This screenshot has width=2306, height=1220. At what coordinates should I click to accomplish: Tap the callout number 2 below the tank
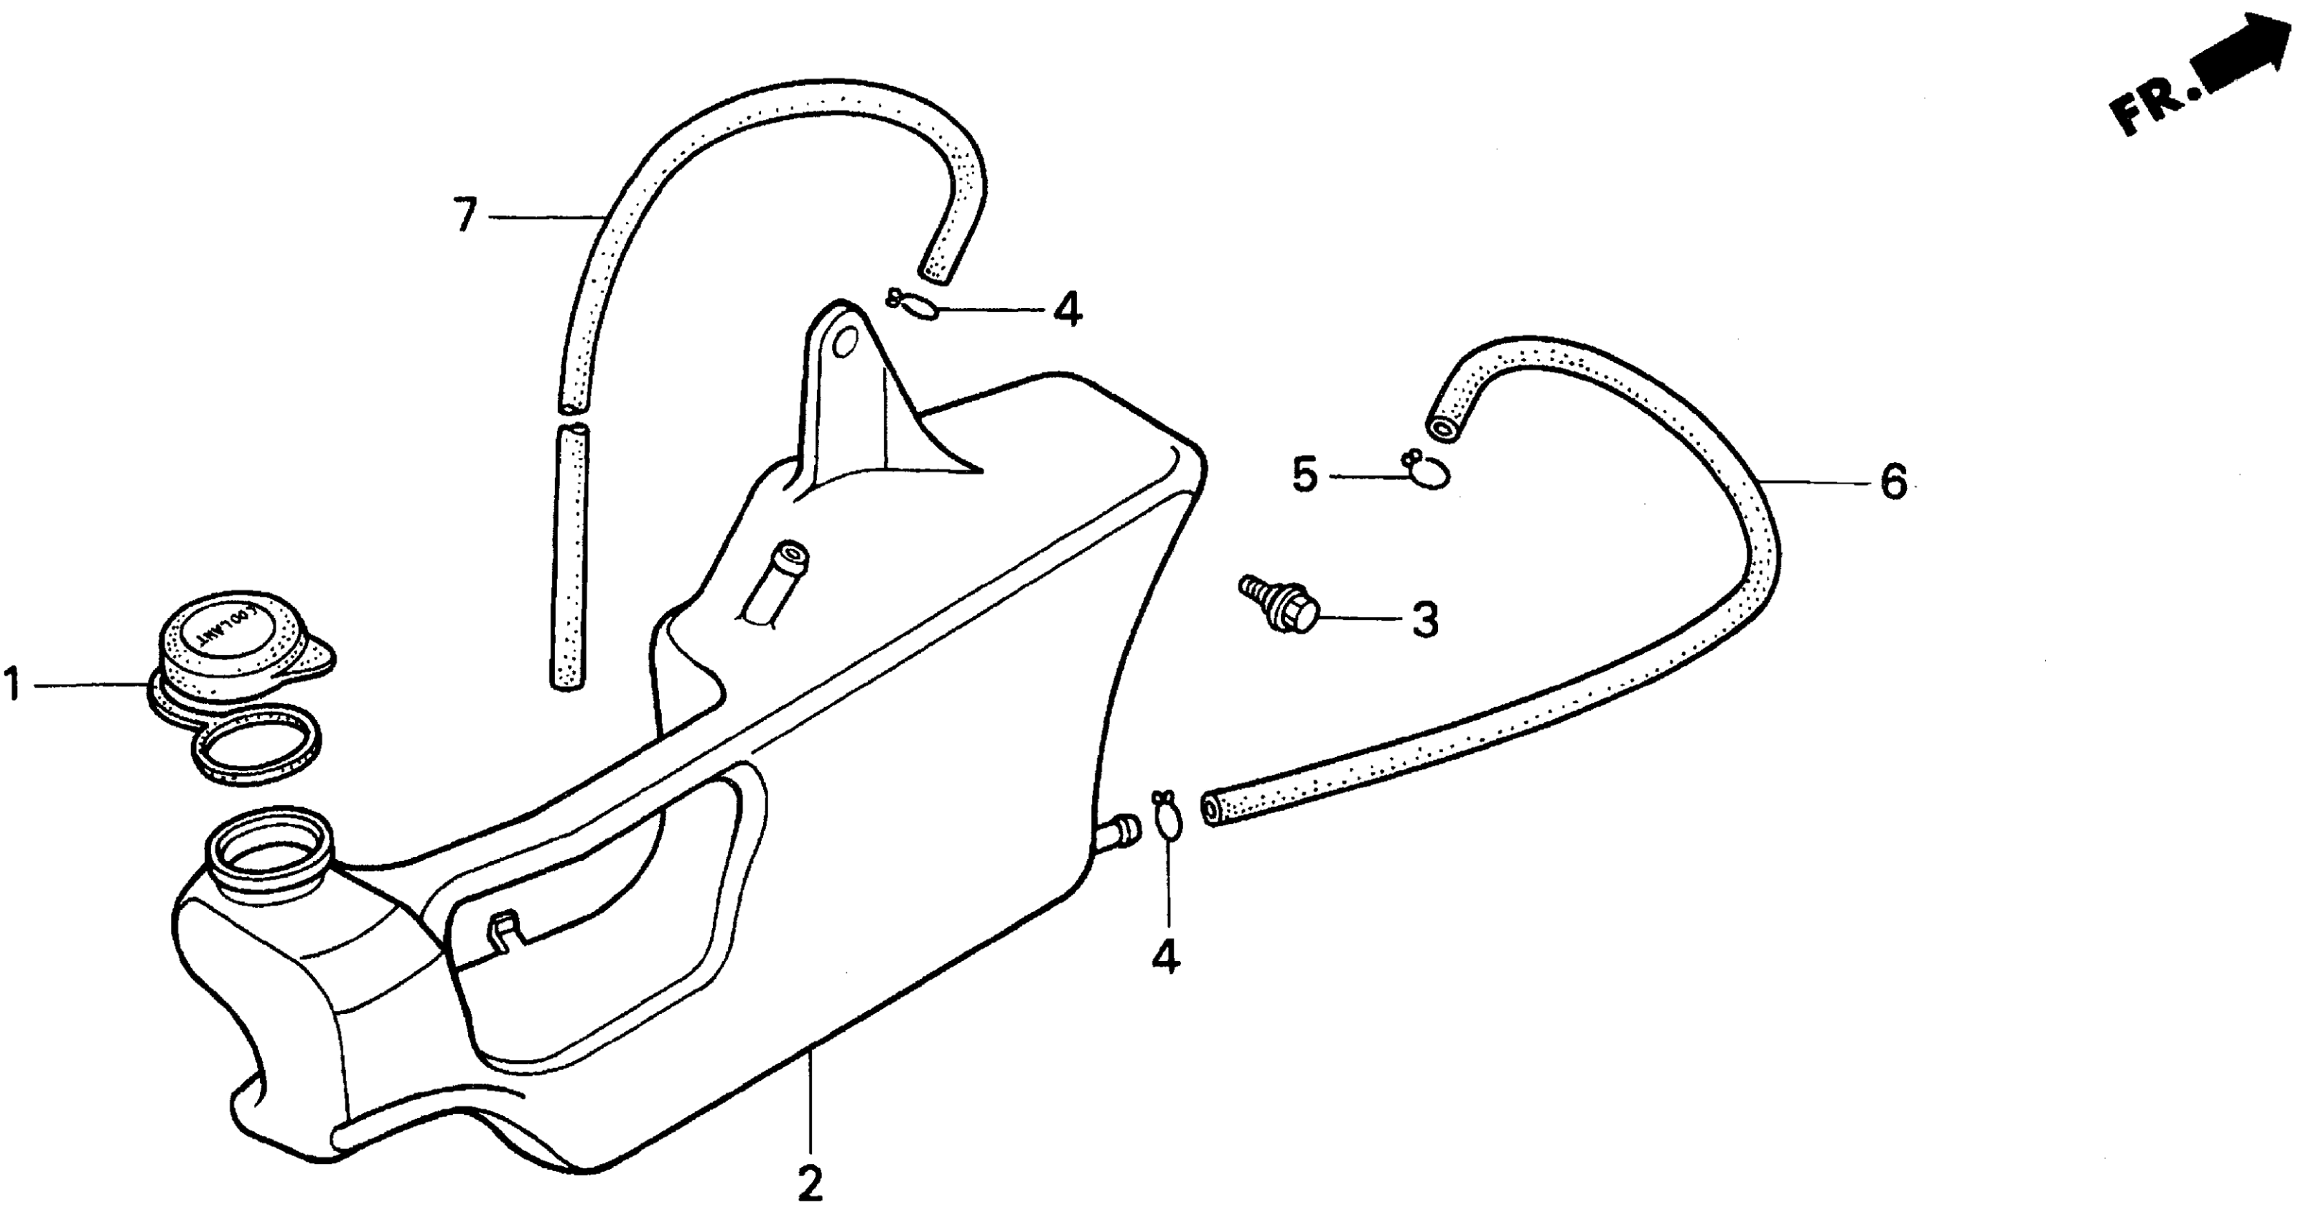(x=809, y=1183)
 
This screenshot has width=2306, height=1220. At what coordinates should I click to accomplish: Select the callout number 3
(x=1424, y=619)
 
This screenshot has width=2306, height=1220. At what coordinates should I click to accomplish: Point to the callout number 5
(x=1305, y=475)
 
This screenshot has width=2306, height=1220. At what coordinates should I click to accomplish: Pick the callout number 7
(x=465, y=216)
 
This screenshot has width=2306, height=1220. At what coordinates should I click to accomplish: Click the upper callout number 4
(x=1067, y=310)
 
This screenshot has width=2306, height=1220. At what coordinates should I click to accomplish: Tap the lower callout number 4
(x=1164, y=955)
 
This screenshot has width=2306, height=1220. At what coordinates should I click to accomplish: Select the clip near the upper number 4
(x=913, y=305)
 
